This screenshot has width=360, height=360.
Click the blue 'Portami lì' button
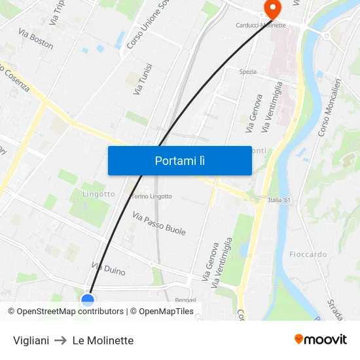click(179, 160)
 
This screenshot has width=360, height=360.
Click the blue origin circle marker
click(88, 300)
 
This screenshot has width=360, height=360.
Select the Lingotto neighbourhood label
click(99, 194)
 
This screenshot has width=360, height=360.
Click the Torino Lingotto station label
click(151, 196)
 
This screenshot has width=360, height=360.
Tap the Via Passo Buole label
click(159, 223)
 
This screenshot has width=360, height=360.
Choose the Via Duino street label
click(109, 268)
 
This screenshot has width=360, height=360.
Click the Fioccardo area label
click(308, 254)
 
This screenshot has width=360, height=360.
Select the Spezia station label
click(248, 71)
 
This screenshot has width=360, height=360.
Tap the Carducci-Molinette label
click(261, 26)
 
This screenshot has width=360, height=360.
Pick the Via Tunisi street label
click(142, 79)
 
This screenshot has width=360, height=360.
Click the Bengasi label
click(186, 300)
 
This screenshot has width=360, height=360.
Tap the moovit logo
click(321, 340)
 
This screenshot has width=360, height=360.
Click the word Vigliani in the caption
click(31, 340)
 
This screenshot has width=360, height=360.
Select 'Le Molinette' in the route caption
click(103, 340)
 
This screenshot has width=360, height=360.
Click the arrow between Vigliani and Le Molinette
click(61, 340)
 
